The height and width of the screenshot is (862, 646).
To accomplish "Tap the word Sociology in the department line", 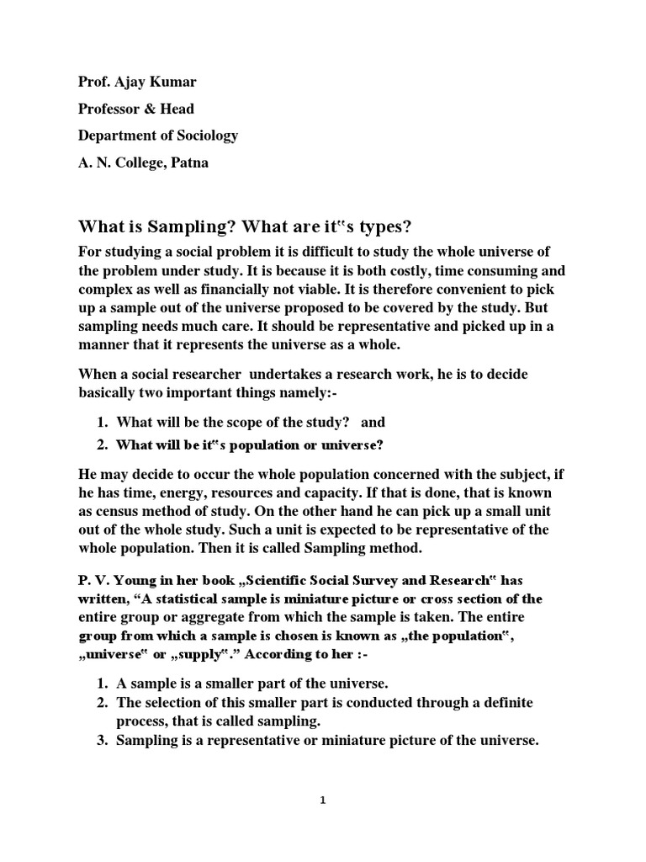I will (207, 136).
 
